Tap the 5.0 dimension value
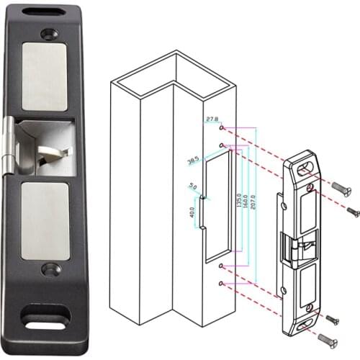(x=192, y=186)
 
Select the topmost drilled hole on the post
(x=220, y=128)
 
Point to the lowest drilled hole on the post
(x=221, y=282)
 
